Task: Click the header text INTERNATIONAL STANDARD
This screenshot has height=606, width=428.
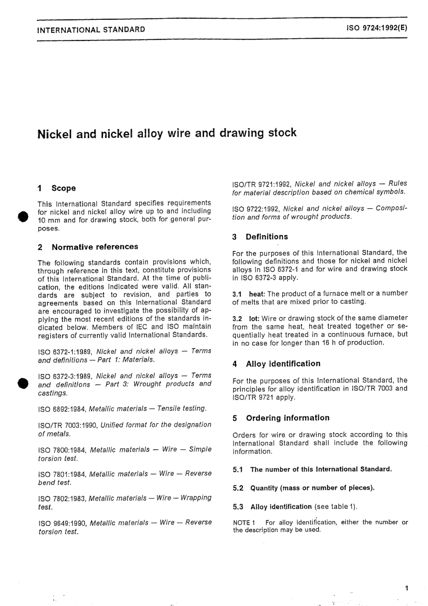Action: point(91,30)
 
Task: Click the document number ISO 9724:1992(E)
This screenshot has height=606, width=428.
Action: point(377,27)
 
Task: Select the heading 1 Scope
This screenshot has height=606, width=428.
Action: point(57,188)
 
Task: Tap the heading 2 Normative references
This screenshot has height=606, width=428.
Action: point(88,247)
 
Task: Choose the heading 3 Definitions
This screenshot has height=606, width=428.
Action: point(260,237)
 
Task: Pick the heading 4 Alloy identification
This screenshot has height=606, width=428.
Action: point(277,364)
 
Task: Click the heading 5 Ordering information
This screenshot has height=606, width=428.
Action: point(281,418)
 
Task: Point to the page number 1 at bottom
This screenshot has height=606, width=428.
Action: point(406,588)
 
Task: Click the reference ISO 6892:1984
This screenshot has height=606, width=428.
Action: point(62,409)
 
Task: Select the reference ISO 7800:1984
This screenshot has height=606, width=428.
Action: point(63,450)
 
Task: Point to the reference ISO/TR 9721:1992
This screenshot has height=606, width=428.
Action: point(261,184)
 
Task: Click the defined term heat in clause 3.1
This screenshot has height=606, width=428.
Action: point(257,293)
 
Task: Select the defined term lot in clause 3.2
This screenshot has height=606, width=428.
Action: point(254,318)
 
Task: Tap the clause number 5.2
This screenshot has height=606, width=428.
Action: point(238,488)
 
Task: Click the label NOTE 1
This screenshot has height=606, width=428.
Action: point(244,523)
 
